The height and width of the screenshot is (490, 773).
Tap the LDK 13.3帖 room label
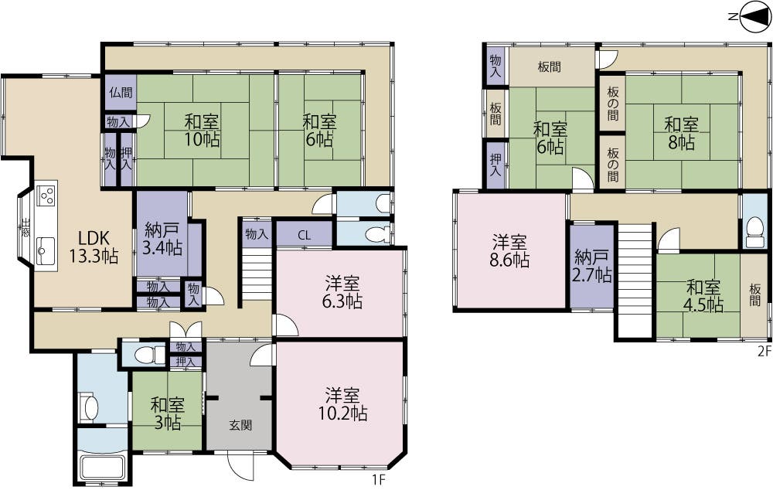(x=94, y=247)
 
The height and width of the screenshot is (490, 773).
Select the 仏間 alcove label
(x=121, y=92)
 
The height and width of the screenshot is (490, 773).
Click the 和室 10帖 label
(x=203, y=131)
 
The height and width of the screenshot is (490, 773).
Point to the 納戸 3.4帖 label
(x=162, y=239)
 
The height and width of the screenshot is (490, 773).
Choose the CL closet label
(x=304, y=236)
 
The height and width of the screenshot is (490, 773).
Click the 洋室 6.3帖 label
(x=342, y=293)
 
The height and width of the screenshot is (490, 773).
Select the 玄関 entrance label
(x=240, y=425)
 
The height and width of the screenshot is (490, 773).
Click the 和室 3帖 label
(x=168, y=414)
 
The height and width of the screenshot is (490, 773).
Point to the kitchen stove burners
(x=46, y=194)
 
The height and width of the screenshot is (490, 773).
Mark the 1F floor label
(x=378, y=478)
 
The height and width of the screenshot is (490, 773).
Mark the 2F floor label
(x=764, y=352)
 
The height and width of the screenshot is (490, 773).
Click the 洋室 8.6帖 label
(x=509, y=251)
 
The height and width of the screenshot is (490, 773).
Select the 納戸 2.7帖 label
(x=591, y=267)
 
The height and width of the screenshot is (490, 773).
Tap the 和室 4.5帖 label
(x=704, y=297)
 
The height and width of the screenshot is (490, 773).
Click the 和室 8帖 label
(x=680, y=133)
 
